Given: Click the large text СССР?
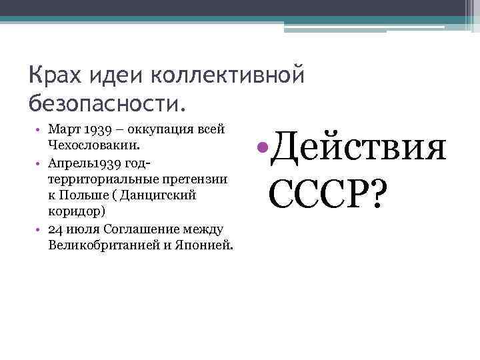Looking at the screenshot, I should pyautogui.click(x=327, y=192).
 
